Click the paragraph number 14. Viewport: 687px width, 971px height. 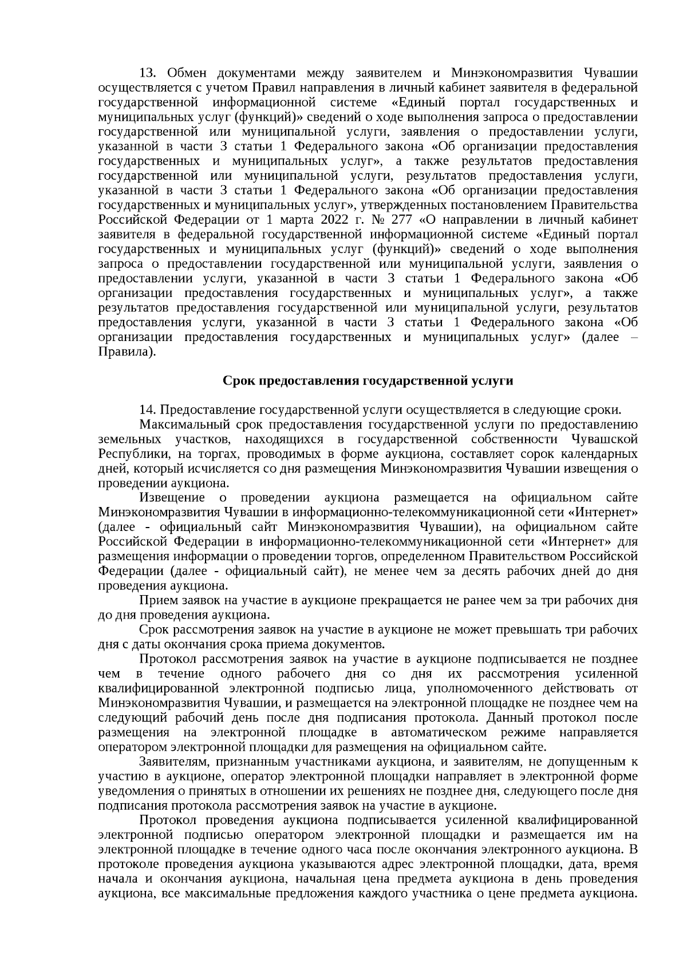coord(147,410)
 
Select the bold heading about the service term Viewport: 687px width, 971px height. coord(368,381)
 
